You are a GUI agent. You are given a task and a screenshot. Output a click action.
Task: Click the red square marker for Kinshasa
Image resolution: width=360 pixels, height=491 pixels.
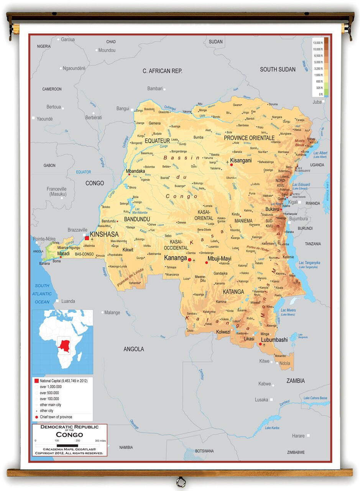click(87, 238)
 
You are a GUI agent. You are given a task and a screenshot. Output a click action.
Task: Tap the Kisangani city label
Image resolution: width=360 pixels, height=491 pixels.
click(241, 160)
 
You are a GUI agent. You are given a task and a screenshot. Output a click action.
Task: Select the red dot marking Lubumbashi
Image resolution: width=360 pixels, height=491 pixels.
click(260, 344)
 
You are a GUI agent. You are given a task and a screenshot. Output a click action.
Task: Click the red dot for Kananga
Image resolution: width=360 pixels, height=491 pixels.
click(189, 260)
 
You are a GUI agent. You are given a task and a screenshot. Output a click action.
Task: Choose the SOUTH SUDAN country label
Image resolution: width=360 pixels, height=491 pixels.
click(278, 69)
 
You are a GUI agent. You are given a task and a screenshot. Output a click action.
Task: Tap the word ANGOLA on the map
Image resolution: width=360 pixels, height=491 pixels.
click(134, 349)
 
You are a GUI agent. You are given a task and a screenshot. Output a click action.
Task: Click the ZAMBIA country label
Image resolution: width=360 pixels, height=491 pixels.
click(296, 381)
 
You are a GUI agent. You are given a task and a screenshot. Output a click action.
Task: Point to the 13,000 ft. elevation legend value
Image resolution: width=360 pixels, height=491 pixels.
click(318, 43)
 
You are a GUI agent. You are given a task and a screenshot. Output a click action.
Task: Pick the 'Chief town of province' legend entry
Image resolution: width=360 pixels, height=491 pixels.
click(56, 417)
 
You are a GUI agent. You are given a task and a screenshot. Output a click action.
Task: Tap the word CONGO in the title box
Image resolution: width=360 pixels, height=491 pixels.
click(69, 435)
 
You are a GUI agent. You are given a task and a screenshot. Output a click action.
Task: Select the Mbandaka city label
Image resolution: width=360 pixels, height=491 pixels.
click(136, 171)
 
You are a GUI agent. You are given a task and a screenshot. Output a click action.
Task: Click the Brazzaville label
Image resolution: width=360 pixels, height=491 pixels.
click(77, 230)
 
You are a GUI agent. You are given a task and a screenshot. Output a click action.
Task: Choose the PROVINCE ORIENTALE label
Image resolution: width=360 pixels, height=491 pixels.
click(249, 138)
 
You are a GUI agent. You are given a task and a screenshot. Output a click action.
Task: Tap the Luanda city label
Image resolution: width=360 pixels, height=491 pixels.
click(68, 301)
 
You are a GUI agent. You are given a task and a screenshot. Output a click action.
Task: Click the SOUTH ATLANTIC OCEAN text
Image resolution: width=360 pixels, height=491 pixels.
click(42, 294)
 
